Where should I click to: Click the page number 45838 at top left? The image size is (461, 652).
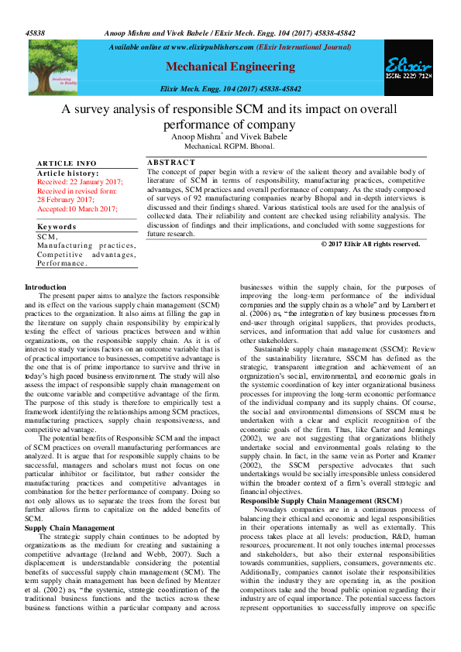pyautogui.click(x=35, y=34)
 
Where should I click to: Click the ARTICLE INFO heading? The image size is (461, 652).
pyautogui.click(x=67, y=163)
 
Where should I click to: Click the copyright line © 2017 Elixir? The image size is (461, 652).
pyautogui.click(x=370, y=244)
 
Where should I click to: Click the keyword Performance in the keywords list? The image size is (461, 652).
pyautogui.click(x=63, y=263)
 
